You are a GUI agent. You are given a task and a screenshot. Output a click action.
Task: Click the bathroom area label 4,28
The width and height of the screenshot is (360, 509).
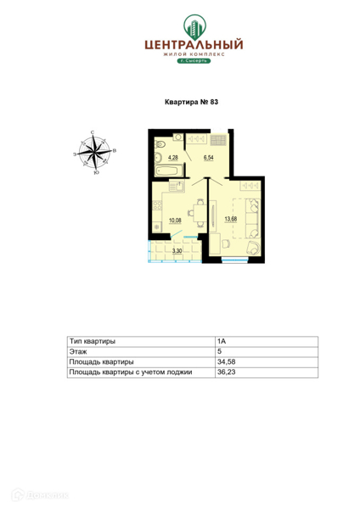pos(172,158)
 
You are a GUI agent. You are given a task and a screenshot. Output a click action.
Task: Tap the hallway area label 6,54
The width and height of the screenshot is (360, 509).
pos(208,158)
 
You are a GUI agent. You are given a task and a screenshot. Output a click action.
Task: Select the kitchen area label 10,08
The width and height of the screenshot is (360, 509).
pos(175,221)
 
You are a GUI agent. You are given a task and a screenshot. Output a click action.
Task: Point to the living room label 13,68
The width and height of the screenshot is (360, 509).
pos(231,219)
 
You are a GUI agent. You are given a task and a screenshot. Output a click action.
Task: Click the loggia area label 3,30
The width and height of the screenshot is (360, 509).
pos(177,250)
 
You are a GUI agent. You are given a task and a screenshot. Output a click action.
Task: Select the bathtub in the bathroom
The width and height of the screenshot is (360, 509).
pos(167,171)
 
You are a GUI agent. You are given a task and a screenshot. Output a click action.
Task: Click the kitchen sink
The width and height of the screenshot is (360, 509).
pos(177,187)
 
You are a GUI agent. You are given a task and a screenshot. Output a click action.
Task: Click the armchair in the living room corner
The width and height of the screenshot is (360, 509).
pos(253,248)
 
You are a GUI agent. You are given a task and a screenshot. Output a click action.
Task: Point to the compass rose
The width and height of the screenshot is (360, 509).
pos(94,152)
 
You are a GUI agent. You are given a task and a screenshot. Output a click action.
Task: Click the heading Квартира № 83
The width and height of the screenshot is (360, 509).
pos(191,102)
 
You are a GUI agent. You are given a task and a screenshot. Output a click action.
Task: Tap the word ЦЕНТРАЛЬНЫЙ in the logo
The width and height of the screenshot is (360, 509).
pos(194,44)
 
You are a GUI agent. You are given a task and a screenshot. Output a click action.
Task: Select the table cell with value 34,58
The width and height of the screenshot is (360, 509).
pos(267,362)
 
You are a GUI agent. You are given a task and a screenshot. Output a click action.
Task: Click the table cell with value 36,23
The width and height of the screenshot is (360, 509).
pos(267,372)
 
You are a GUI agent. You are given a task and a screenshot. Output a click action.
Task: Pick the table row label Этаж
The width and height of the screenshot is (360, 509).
pos(78,351)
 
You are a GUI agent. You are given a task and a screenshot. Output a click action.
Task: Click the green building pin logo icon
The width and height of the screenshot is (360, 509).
pos(194,27)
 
